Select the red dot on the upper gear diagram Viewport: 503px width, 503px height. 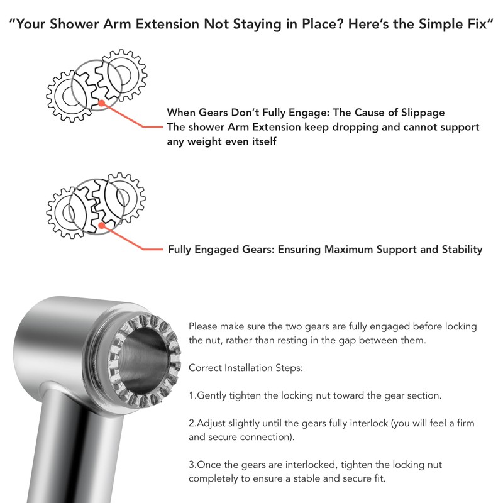tap(101, 103)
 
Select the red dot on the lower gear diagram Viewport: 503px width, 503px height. tap(101, 224)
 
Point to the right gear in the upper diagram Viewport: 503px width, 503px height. tap(124, 75)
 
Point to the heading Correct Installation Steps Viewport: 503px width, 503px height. tap(246, 368)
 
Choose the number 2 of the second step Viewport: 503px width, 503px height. tap(192, 423)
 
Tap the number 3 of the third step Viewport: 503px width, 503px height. tap(192, 465)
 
